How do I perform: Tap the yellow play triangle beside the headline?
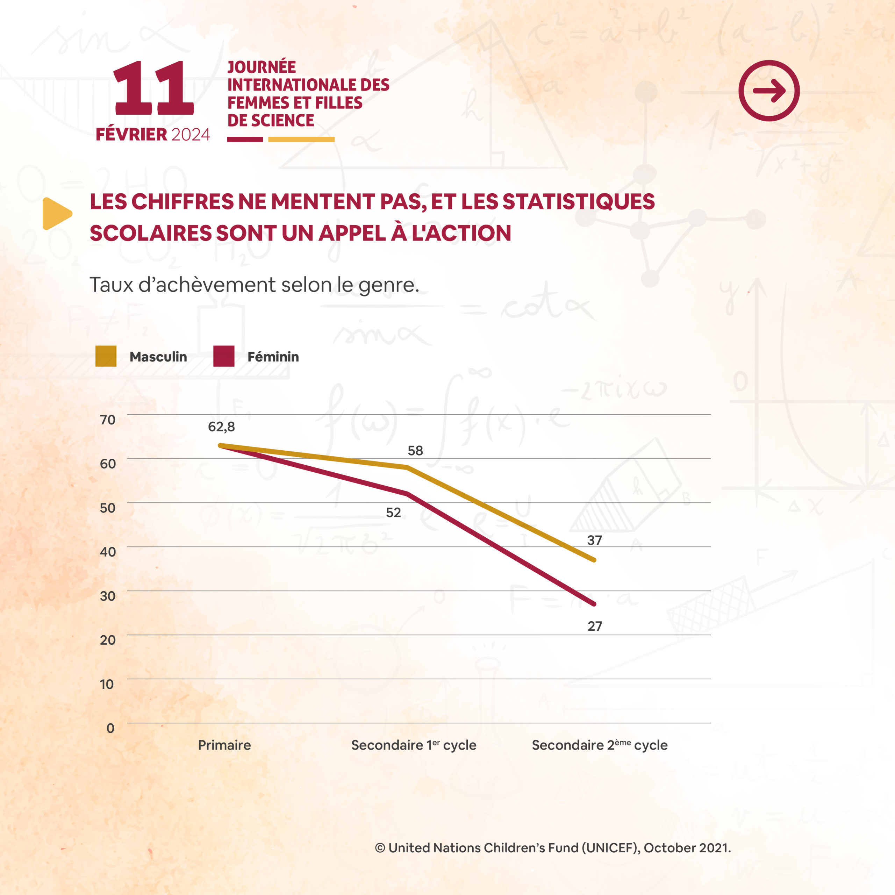click(56, 214)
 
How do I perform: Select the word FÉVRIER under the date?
click(131, 134)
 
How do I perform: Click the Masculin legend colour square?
click(106, 356)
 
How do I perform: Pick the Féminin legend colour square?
click(224, 356)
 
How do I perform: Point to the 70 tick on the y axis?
click(107, 420)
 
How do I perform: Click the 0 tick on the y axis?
click(110, 728)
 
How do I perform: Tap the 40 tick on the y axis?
click(107, 552)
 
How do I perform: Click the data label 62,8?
click(221, 427)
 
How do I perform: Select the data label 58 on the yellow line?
click(415, 451)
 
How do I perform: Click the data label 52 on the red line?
click(393, 513)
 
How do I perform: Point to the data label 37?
click(594, 540)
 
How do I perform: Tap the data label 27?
click(595, 626)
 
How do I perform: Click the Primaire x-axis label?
click(224, 745)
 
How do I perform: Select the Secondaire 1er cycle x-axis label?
click(414, 745)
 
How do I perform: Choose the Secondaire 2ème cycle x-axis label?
click(600, 745)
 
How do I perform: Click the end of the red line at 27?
click(594, 604)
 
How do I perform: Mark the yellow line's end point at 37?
click(594, 560)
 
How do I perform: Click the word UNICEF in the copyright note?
click(610, 848)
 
